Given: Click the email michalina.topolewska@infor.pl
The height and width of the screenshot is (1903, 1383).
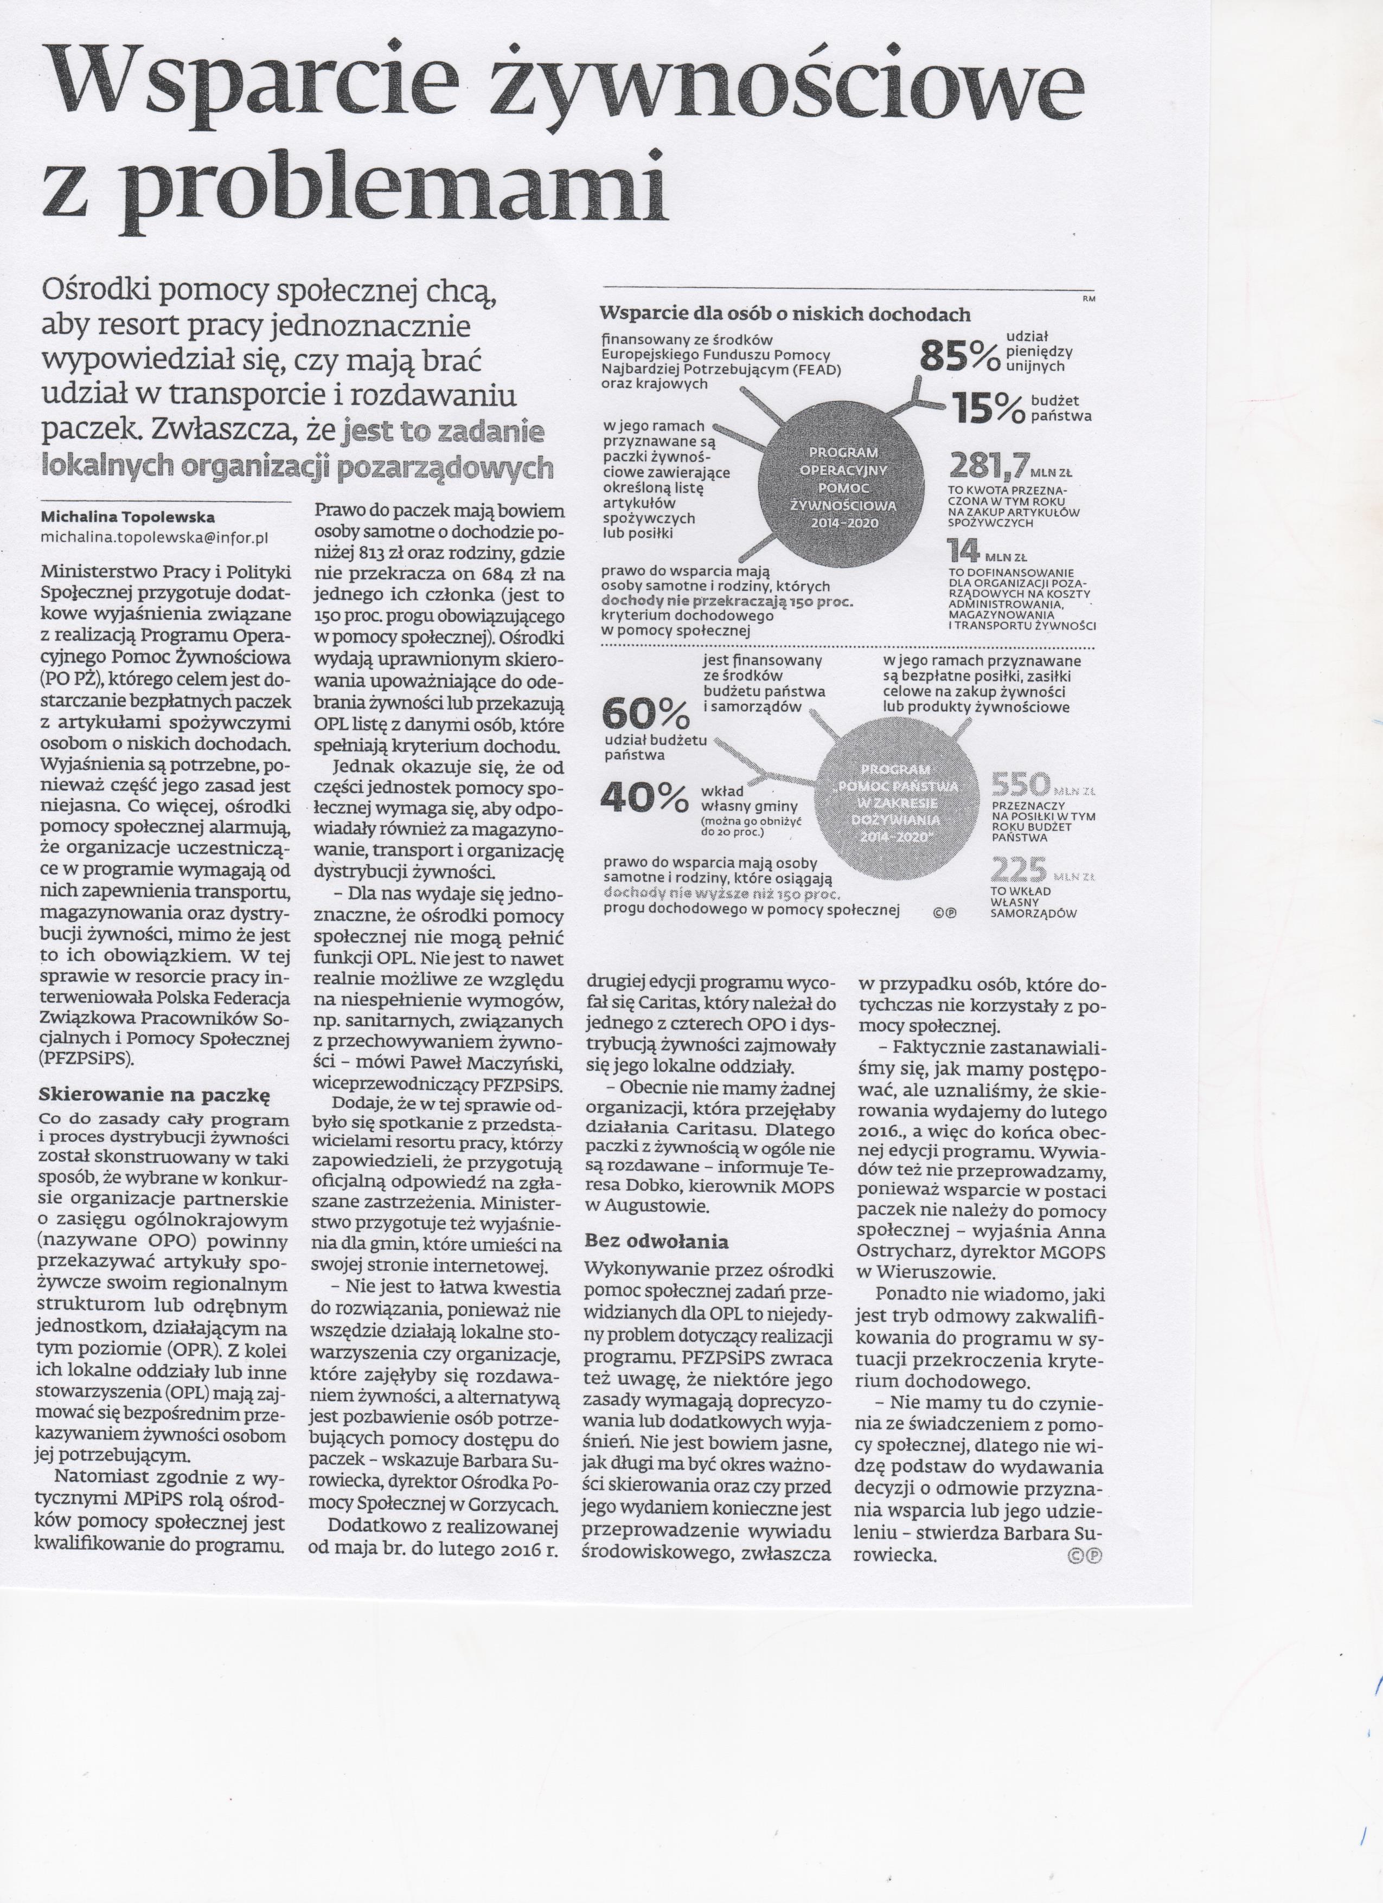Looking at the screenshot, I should pyautogui.click(x=155, y=537).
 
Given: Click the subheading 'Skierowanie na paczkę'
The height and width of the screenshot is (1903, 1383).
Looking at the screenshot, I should pyautogui.click(x=153, y=1095).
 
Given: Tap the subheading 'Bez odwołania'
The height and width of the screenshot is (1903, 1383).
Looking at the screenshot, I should pyautogui.click(x=656, y=1241).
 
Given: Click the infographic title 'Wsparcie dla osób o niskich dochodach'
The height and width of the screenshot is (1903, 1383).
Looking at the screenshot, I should pyautogui.click(x=785, y=314).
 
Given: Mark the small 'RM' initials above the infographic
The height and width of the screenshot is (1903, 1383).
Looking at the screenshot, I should pyautogui.click(x=1089, y=298).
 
